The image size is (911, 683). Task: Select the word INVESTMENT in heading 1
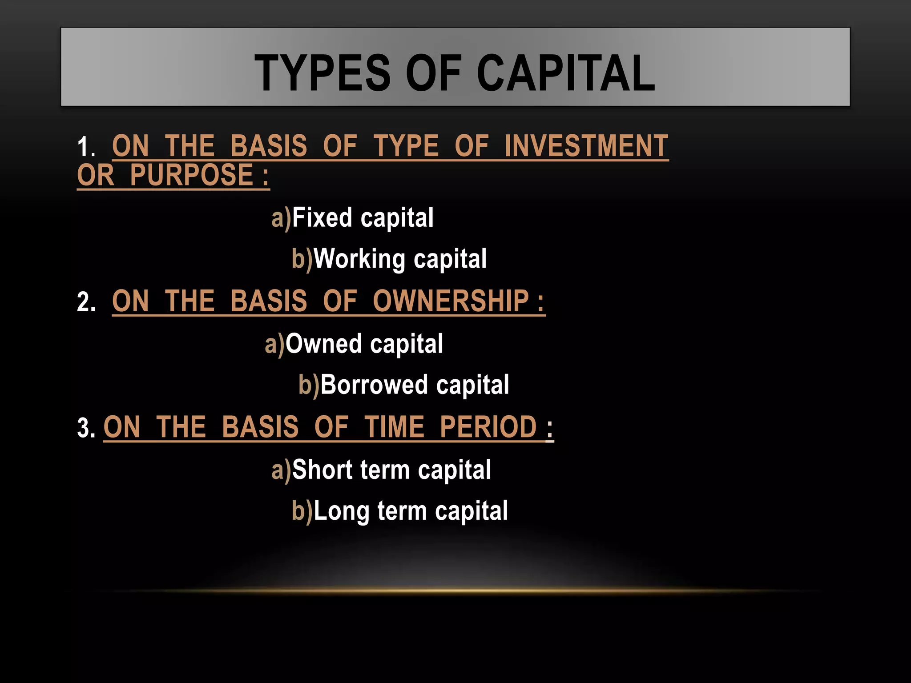click(586, 146)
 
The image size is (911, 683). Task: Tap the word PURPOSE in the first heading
click(192, 175)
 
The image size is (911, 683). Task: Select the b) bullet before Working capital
click(302, 260)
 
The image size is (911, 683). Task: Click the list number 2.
click(86, 302)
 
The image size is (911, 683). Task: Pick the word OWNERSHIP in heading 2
click(451, 301)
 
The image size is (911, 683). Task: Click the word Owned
click(323, 344)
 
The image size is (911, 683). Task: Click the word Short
click(322, 470)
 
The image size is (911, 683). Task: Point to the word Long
click(341, 511)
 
